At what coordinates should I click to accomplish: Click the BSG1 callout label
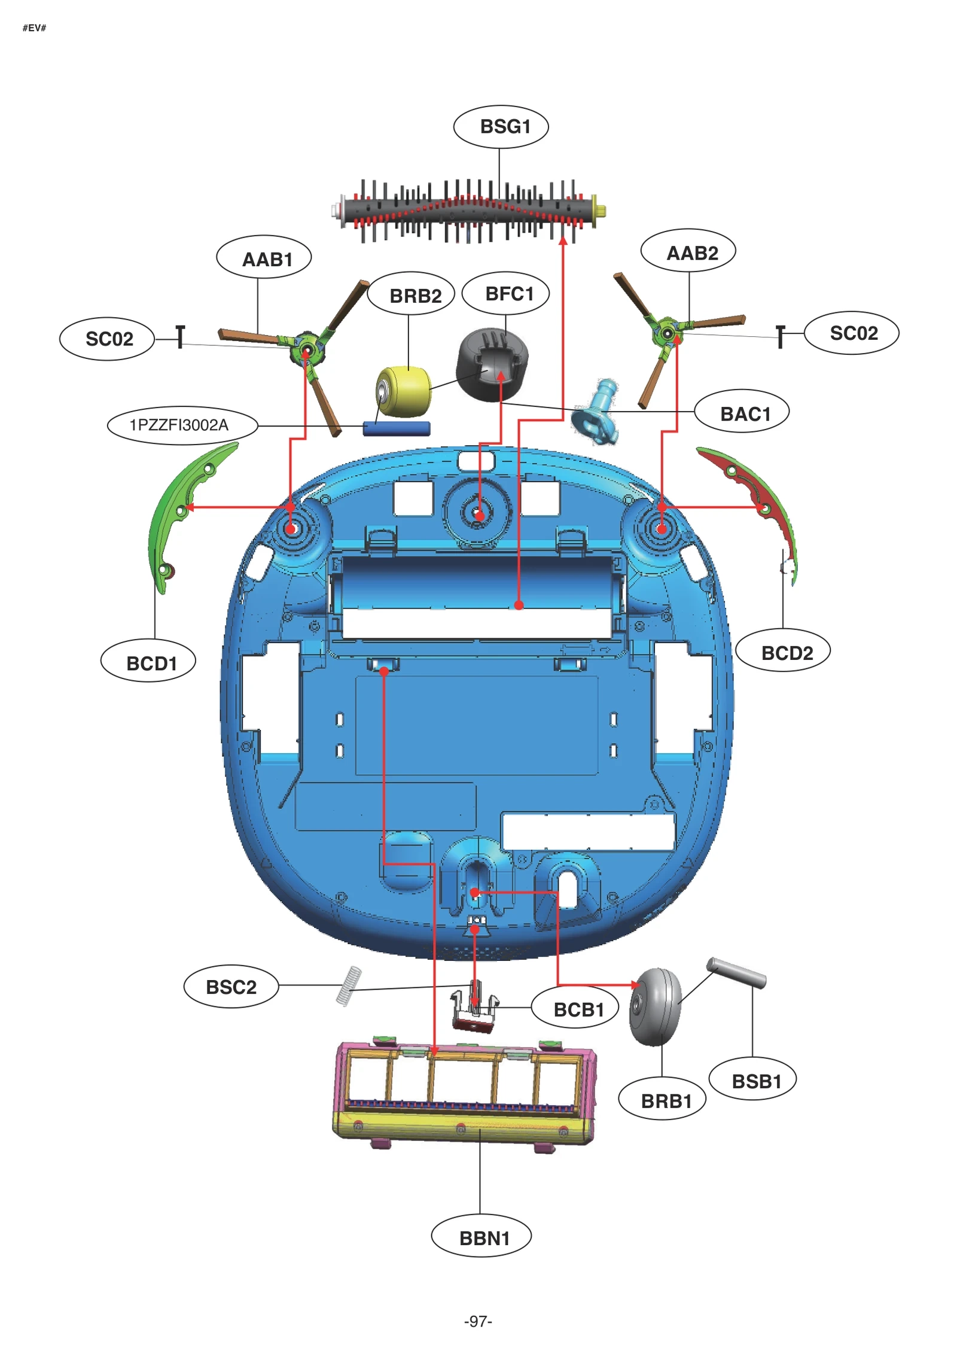pos(501,127)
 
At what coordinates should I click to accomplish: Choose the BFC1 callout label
pos(506,294)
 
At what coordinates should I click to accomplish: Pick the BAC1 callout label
pos(742,413)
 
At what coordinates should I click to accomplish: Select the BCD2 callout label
pos(782,653)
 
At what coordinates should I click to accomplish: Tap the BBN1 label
pos(481,1237)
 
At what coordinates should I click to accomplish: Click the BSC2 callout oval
pos(231,987)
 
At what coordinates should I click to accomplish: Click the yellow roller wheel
pos(404,391)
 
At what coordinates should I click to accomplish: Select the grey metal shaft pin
pos(736,972)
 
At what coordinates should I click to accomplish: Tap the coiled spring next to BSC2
pos(349,986)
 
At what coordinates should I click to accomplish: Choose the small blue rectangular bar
pos(396,428)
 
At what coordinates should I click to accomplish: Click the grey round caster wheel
pos(656,1006)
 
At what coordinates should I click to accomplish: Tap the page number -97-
pos(478,1321)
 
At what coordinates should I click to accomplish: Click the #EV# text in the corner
pos(34,28)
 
